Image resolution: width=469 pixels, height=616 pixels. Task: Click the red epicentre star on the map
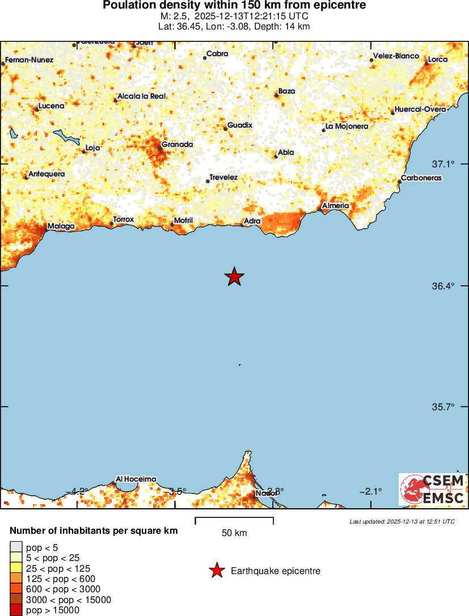click(x=234, y=277)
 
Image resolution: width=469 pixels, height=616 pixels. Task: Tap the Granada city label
click(x=177, y=145)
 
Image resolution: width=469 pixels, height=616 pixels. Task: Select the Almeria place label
click(x=335, y=205)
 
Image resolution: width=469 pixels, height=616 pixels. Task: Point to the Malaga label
click(x=61, y=226)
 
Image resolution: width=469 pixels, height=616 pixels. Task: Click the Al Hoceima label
click(x=136, y=479)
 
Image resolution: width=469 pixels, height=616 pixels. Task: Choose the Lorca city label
click(x=437, y=60)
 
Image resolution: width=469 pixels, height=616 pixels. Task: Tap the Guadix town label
click(x=239, y=125)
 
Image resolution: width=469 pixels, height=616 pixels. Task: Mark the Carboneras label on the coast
click(x=421, y=178)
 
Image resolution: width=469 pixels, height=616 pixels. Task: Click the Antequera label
click(x=46, y=174)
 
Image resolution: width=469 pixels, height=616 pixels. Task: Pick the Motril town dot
click(x=172, y=225)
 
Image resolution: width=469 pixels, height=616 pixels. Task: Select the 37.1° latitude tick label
click(x=443, y=164)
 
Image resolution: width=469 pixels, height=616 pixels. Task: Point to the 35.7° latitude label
click(x=443, y=407)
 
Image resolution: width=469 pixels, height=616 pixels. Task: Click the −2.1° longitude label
click(x=371, y=491)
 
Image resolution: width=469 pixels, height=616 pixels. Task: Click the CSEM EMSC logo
click(x=432, y=490)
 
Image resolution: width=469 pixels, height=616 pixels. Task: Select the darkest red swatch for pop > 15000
click(x=16, y=610)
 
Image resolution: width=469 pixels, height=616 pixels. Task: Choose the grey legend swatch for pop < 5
click(x=16, y=547)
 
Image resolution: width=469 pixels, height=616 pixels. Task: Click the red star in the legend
click(x=216, y=571)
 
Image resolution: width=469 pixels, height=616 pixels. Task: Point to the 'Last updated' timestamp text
click(x=402, y=521)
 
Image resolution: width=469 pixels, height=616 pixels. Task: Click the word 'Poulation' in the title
click(x=126, y=5)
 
